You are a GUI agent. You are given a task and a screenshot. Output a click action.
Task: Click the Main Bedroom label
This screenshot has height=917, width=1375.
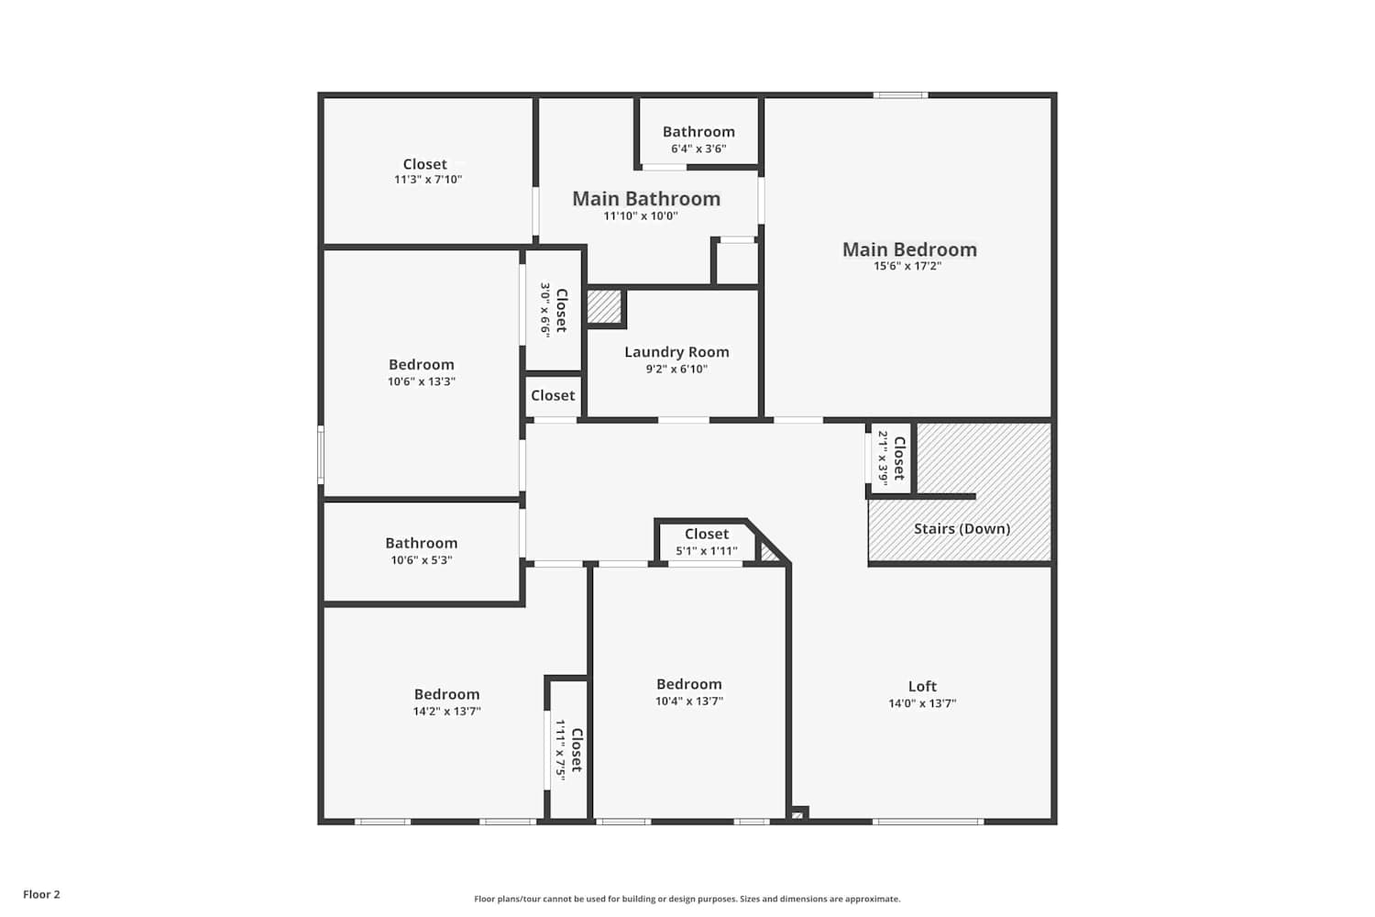pyautogui.click(x=909, y=249)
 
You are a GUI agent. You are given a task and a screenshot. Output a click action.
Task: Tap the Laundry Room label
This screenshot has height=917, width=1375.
pyautogui.click(x=676, y=352)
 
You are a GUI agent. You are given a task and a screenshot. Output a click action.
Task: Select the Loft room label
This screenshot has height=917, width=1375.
pyautogui.click(x=922, y=686)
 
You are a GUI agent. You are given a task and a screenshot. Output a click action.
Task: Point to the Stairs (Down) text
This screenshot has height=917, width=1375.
pyautogui.click(x=962, y=528)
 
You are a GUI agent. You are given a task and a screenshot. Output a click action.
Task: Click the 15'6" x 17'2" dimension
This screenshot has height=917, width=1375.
pyautogui.click(x=907, y=266)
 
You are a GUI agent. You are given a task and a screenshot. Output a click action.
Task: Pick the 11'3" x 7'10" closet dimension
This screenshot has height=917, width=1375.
pyautogui.click(x=428, y=180)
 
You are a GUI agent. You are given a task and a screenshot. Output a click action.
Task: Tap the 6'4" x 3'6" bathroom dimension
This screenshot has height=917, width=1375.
pyautogui.click(x=698, y=149)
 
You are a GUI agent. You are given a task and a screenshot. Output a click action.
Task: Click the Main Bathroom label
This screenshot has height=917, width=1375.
pyautogui.click(x=646, y=198)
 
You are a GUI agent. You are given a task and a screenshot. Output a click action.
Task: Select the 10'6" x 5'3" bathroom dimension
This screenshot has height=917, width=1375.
pyautogui.click(x=422, y=560)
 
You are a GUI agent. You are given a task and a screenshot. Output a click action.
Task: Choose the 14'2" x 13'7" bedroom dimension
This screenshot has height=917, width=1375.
pyautogui.click(x=447, y=712)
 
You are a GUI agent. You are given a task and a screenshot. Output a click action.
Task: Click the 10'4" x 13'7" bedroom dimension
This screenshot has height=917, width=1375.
pyautogui.click(x=689, y=701)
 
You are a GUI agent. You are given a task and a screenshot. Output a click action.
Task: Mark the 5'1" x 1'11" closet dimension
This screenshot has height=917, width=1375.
pyautogui.click(x=707, y=551)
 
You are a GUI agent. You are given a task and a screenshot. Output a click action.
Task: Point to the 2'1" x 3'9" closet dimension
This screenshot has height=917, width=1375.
pyautogui.click(x=883, y=458)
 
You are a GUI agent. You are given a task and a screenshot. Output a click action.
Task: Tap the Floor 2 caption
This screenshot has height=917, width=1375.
pyautogui.click(x=42, y=894)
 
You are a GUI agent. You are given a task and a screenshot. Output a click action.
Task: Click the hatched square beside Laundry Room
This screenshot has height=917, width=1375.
pyautogui.click(x=605, y=306)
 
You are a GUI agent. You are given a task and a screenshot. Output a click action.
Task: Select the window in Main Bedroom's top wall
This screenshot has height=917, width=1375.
pyautogui.click(x=900, y=95)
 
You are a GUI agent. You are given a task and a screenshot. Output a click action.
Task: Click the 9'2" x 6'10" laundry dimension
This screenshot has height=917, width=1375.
pyautogui.click(x=676, y=370)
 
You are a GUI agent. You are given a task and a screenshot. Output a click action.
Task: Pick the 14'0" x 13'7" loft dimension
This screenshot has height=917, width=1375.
pyautogui.click(x=922, y=703)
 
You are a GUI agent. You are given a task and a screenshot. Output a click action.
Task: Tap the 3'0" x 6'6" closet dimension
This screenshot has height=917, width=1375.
pyautogui.click(x=545, y=310)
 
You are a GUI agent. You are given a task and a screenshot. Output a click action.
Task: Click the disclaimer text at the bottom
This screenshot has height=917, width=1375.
pyautogui.click(x=687, y=899)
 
